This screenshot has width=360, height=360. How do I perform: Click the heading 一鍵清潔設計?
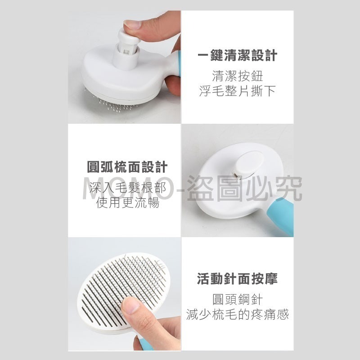coord(238,56)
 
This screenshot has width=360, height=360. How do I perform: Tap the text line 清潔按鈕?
coord(237,75)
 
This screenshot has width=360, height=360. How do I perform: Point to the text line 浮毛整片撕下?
coord(237,91)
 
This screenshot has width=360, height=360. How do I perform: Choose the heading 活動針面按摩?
coord(237,279)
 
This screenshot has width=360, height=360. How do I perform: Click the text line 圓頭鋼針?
coord(237,299)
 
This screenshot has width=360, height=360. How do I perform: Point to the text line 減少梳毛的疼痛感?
coord(237,314)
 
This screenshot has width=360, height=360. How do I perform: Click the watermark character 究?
coord(288,189)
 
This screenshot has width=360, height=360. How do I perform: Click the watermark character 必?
coord(262,189)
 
